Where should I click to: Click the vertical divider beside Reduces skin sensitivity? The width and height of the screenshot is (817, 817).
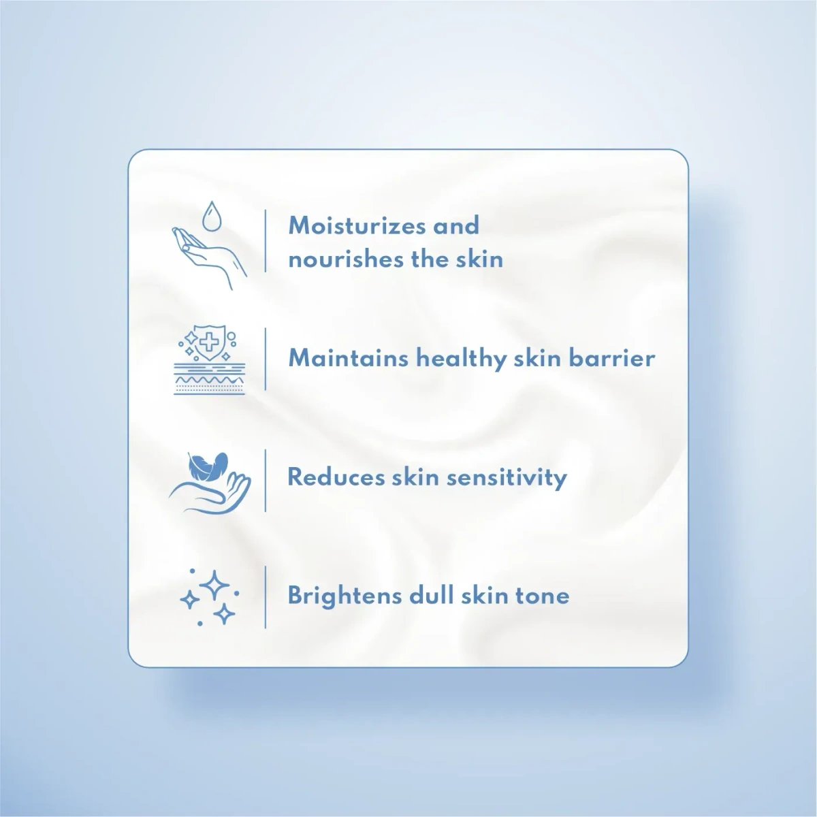[266, 480]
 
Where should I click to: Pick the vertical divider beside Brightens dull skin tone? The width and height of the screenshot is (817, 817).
[266, 596]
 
